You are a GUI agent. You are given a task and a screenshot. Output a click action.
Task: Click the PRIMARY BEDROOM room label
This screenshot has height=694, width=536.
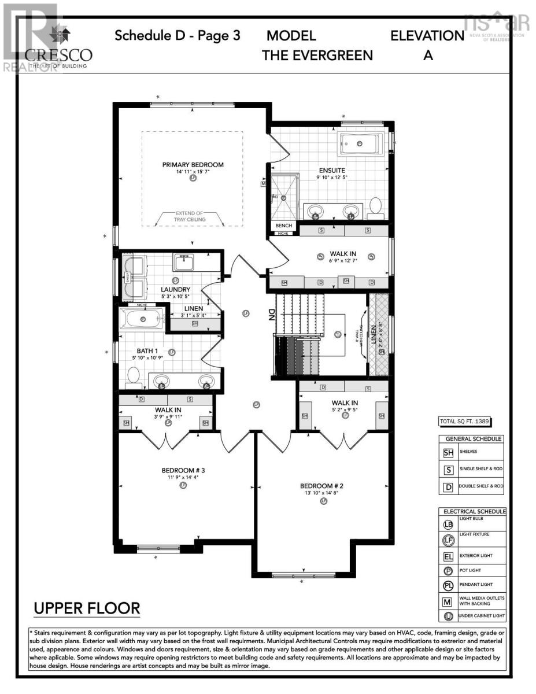[x=193, y=165]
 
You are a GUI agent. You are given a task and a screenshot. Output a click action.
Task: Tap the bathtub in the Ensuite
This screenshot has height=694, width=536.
[x=361, y=143]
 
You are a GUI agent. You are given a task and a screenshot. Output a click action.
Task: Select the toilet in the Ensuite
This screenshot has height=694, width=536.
[x=376, y=206]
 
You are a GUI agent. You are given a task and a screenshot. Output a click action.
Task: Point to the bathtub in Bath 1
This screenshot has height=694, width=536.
[x=142, y=319]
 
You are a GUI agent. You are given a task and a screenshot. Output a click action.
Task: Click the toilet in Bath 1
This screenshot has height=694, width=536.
[x=134, y=376]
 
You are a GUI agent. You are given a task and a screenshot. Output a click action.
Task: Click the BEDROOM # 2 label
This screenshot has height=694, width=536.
[x=322, y=485]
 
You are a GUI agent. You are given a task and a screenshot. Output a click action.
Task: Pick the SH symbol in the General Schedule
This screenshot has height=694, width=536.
[x=448, y=453]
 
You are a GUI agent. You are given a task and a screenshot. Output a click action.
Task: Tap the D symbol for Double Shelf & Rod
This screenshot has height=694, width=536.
[x=448, y=486]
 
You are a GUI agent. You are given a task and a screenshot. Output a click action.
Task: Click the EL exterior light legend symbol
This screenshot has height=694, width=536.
[x=448, y=558]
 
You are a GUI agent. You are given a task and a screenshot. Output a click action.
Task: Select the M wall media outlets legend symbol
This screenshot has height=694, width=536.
[x=448, y=601]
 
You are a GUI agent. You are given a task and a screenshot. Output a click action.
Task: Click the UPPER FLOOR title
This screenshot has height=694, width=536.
[x=87, y=608]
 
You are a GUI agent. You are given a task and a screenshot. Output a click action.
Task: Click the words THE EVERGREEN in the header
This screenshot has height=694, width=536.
[x=317, y=56]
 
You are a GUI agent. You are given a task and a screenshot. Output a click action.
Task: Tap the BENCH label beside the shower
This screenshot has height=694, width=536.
[x=283, y=226]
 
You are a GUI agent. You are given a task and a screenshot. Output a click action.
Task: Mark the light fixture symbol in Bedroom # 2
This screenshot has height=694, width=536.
[x=323, y=501]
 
